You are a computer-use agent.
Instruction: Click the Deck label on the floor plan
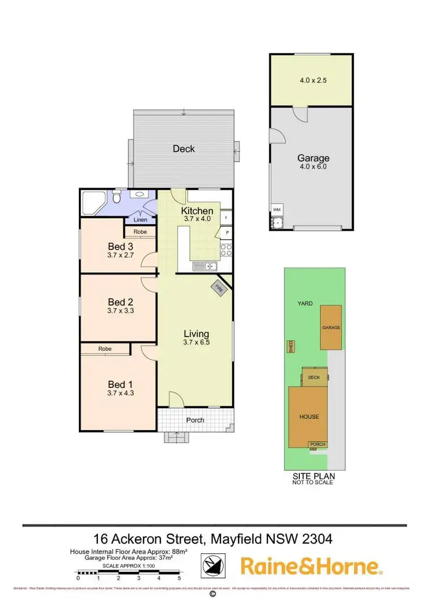pyautogui.click(x=183, y=149)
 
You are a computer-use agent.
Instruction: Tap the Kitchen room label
pyautogui.click(x=197, y=211)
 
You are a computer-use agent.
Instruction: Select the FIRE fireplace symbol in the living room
pyautogui.click(x=219, y=288)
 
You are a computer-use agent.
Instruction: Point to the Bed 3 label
pyautogui.click(x=120, y=247)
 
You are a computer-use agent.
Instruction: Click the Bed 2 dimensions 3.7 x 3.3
pyautogui.click(x=120, y=311)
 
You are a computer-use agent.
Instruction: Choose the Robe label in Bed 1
pyautogui.click(x=104, y=349)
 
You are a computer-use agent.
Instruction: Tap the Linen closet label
pyautogui.click(x=140, y=219)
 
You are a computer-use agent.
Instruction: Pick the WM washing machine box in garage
pyautogui.click(x=277, y=209)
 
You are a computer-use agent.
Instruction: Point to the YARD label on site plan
pyautogui.click(x=306, y=303)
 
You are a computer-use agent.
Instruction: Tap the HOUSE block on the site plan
pyautogui.click(x=309, y=417)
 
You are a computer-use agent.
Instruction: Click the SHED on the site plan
pyautogui.click(x=291, y=346)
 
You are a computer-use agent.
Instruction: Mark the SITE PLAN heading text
pyautogui.click(x=313, y=476)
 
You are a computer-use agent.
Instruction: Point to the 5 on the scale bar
pyautogui.click(x=179, y=578)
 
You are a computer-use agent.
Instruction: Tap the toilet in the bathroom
pyautogui.click(x=116, y=198)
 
